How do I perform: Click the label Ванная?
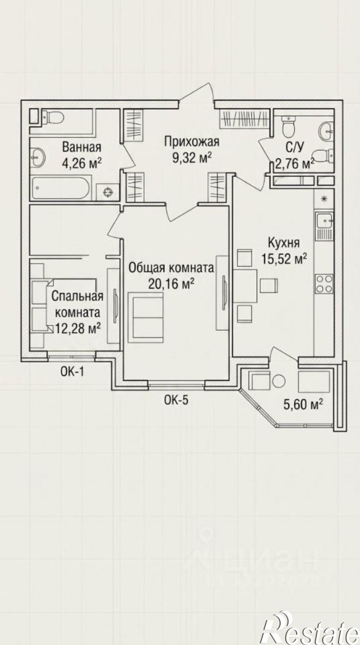click(x=82, y=147)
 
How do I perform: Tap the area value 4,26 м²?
click(x=81, y=163)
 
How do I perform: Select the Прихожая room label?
click(x=192, y=142)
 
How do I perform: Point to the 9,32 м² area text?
click(x=192, y=157)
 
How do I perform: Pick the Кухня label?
click(x=284, y=243)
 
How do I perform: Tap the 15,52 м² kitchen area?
click(x=284, y=259)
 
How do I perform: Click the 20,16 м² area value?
click(x=171, y=284)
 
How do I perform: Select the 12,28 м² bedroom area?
click(x=78, y=328)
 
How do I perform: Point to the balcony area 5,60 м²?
click(x=303, y=405)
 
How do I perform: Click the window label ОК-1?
click(x=72, y=372)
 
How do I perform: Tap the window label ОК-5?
click(x=176, y=400)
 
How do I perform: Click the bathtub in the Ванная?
click(x=62, y=188)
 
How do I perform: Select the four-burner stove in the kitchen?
click(x=325, y=284)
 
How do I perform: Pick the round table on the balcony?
click(x=279, y=381)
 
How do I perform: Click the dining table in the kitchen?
click(x=245, y=286)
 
